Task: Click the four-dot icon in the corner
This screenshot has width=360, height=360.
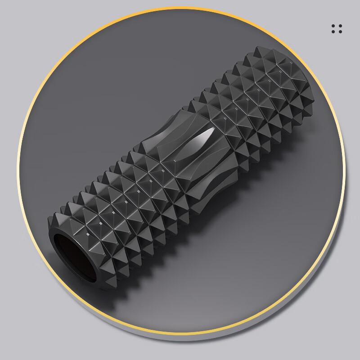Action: [x=337, y=29]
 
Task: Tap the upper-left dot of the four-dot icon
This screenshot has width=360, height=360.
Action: [x=333, y=26]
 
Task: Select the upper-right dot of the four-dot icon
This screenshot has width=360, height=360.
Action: [x=340, y=26]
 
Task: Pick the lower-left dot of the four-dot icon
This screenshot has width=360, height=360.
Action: [x=333, y=32]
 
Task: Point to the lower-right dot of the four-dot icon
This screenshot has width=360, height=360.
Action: [x=340, y=32]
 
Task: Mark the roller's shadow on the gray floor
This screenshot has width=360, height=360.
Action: [x=189, y=279]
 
